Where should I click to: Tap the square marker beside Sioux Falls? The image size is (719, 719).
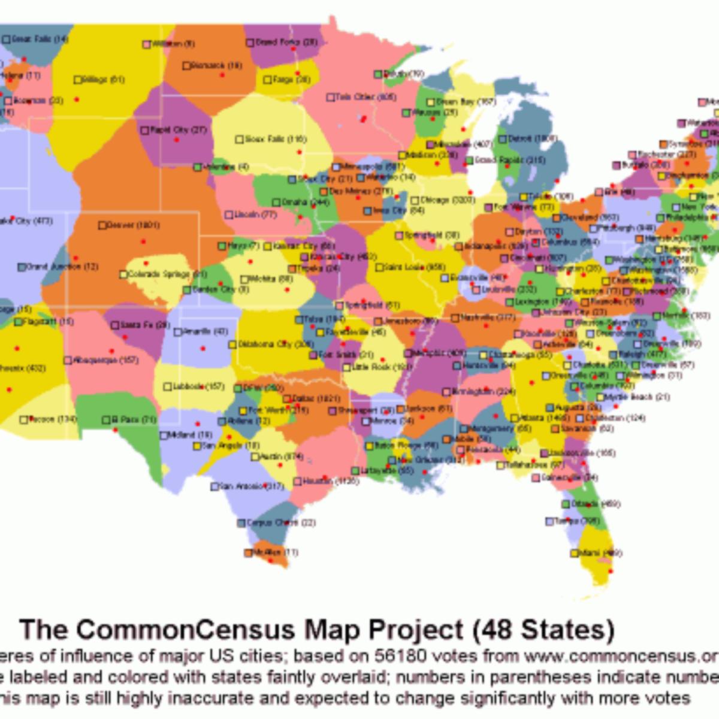(239, 140)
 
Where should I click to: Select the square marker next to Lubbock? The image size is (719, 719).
(168, 387)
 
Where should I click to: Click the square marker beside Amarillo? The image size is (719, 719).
(178, 332)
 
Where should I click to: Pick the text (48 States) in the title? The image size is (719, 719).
(543, 629)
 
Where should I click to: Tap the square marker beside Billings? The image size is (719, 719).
(77, 80)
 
